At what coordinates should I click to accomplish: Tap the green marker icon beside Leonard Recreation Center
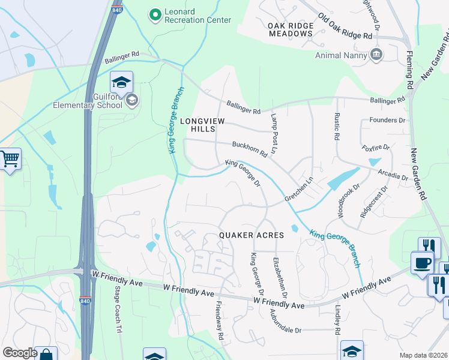[x=155, y=13]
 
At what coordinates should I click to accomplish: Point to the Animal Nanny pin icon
[x=376, y=55]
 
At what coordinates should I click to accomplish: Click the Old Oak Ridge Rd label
[x=345, y=27]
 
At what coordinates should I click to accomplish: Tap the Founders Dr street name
[x=384, y=120]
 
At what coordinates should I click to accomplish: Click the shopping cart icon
[x=10, y=159]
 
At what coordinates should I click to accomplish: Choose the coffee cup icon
[x=422, y=263]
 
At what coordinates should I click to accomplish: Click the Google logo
[x=19, y=353]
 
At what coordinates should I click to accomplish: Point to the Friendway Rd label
[x=220, y=319]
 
